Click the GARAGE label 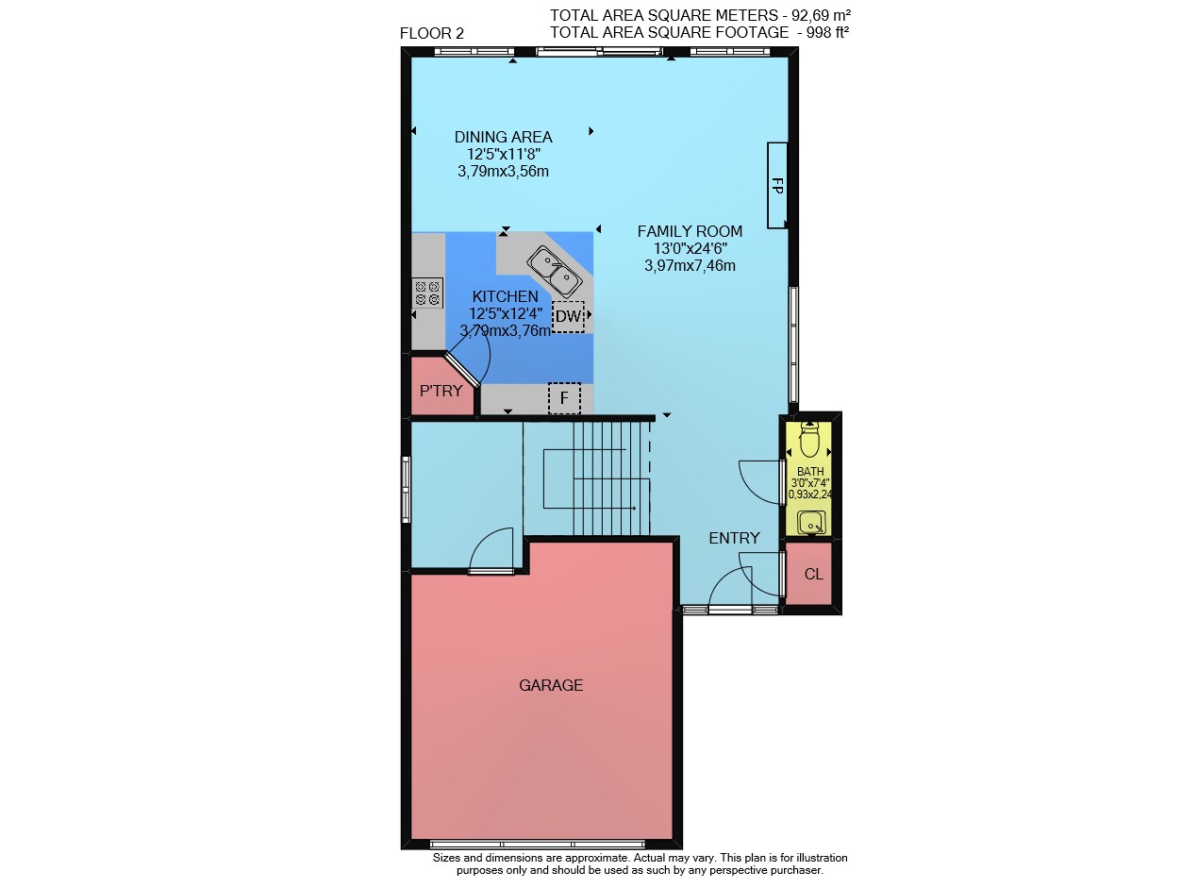(x=550, y=685)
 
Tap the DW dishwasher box (x=568, y=317)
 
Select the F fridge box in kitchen (x=564, y=398)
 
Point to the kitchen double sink (x=554, y=271)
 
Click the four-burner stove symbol (x=427, y=293)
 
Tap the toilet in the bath (x=808, y=440)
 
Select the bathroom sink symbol (x=810, y=523)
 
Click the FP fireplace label (x=776, y=186)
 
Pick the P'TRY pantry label (x=441, y=391)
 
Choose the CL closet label (x=813, y=574)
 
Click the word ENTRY (x=734, y=538)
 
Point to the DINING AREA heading (x=503, y=137)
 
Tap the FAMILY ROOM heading (x=690, y=231)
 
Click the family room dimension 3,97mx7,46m (x=690, y=266)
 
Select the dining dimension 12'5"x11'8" (x=504, y=155)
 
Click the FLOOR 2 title (x=431, y=34)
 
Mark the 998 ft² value (x=827, y=32)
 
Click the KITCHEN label (x=505, y=296)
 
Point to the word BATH (x=810, y=472)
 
